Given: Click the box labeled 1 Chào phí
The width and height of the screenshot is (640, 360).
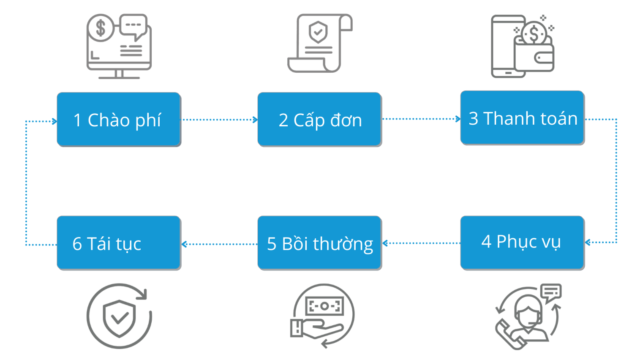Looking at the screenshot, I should (x=119, y=120).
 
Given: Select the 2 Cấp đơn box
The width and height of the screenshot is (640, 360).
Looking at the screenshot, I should (x=319, y=120).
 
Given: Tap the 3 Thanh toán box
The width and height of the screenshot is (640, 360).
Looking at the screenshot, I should (x=522, y=118).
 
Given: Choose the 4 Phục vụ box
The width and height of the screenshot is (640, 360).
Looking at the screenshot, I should (x=522, y=243).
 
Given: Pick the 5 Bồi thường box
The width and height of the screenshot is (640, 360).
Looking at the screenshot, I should (x=319, y=243).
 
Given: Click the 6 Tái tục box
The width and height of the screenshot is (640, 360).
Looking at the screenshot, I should (x=119, y=243).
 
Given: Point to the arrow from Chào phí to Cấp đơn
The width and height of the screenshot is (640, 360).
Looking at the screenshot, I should (x=219, y=120).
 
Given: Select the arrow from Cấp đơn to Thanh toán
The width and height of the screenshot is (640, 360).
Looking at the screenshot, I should (x=421, y=119).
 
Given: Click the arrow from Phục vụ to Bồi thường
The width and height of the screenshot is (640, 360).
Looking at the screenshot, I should (x=421, y=243).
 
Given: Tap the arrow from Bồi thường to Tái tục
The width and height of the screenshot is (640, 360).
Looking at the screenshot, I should (x=219, y=244).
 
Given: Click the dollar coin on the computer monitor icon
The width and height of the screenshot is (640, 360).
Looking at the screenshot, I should (x=101, y=28).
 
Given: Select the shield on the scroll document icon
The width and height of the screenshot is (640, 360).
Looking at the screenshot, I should (x=318, y=32).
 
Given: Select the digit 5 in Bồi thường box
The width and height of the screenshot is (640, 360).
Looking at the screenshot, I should (x=272, y=244).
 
